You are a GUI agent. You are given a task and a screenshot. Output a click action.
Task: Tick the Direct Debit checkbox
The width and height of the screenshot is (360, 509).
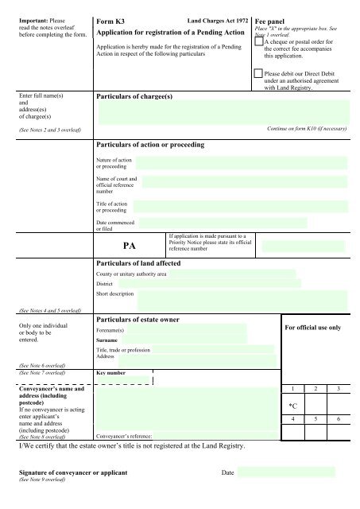pos(257,73)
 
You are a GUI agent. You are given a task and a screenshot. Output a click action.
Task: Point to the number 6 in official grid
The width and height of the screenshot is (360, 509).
pos(339,418)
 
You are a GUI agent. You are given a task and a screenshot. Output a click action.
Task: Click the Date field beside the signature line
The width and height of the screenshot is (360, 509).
pos(286,472)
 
